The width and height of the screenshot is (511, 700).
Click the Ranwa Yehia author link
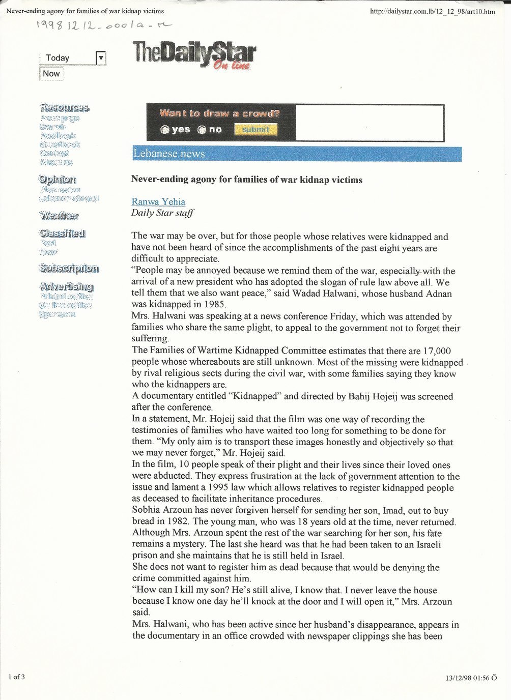tap(158, 201)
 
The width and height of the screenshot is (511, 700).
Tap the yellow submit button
tap(255, 130)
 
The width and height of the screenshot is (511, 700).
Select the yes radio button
tap(165, 130)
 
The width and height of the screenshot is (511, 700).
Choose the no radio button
tap(202, 130)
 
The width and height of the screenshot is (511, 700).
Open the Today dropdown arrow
tap(101, 58)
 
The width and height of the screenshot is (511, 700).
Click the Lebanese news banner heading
tap(169, 154)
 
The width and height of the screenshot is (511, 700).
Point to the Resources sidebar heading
tap(64, 107)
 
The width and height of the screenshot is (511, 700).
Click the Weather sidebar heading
tap(59, 216)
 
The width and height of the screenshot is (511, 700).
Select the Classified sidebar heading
tap(62, 234)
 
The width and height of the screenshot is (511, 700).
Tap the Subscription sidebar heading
tap(69, 268)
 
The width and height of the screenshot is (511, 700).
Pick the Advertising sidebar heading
tap(66, 286)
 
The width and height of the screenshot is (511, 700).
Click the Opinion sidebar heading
tap(58, 180)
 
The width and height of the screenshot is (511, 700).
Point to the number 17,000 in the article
tap(437, 351)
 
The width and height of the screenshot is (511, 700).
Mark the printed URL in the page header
tap(432, 11)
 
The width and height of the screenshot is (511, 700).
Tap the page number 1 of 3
tap(16, 677)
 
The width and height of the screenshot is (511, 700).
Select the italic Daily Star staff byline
tap(162, 213)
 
